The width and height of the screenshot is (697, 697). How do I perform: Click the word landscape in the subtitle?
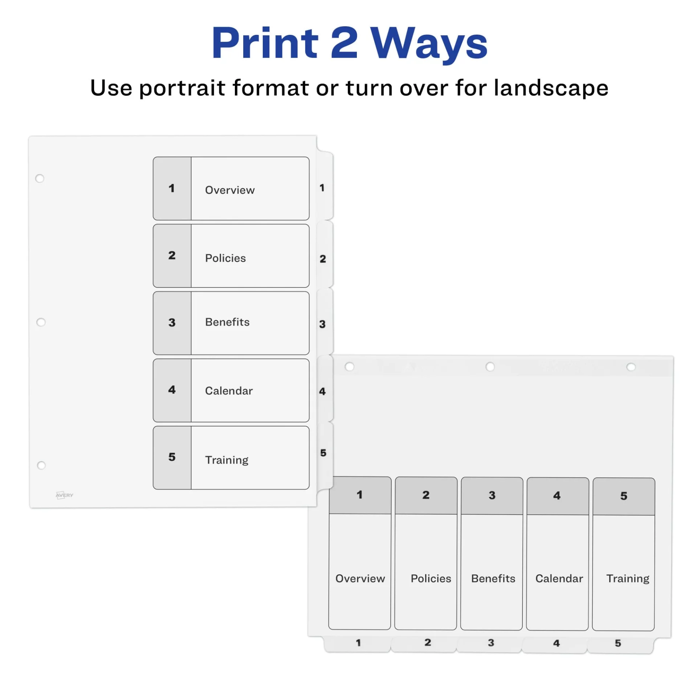pos(551,88)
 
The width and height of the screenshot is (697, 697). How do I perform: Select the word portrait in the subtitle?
pos(182,88)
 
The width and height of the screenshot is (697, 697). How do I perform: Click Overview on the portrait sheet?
pos(230,190)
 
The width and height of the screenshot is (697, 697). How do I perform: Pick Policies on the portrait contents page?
pos(225,258)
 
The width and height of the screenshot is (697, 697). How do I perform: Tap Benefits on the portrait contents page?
pos(227,322)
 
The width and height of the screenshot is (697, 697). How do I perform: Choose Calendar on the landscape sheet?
pos(559,578)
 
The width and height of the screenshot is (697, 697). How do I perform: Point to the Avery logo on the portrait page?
pos(64,495)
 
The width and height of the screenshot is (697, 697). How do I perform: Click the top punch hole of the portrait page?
pos(40,178)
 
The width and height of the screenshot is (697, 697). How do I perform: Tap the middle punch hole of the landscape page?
pos(490,367)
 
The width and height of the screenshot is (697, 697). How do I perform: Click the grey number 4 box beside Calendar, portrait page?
pos(172,390)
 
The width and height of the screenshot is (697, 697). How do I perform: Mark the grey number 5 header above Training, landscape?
pos(624,496)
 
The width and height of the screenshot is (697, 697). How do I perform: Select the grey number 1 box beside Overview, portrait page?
pos(172,188)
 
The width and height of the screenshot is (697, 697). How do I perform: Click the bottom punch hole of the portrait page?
pos(41,465)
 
